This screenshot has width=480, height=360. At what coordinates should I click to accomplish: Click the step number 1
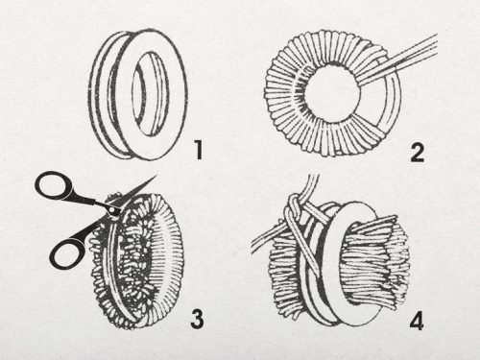199,151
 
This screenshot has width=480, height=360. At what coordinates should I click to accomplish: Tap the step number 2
417,153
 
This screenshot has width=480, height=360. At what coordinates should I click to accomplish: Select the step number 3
197,319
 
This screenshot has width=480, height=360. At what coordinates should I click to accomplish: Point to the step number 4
417,321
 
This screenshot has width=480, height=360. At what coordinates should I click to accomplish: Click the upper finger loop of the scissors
55,184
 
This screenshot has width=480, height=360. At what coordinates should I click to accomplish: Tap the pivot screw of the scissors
111,209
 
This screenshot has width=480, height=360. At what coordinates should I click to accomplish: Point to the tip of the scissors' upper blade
156,176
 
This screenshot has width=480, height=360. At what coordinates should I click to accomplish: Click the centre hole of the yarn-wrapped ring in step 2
332,93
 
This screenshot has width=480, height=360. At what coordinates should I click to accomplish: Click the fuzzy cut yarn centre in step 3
136,259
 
